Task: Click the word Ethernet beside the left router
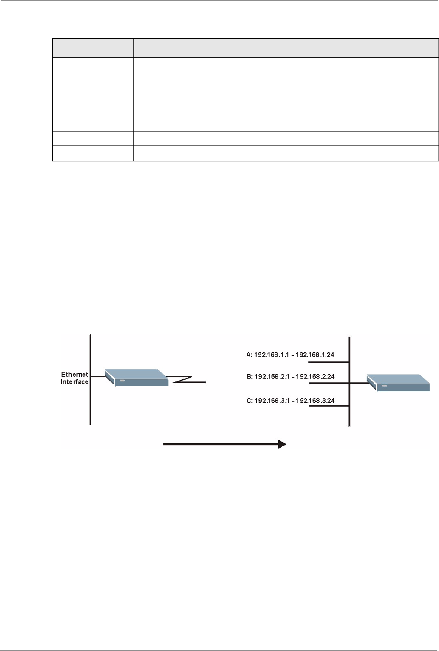pyautogui.click(x=75, y=374)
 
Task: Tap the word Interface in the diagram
pyautogui.click(x=75, y=382)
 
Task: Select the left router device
pyautogui.click(x=136, y=378)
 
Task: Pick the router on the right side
pyautogui.click(x=398, y=383)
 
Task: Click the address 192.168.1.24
pyautogui.click(x=314, y=355)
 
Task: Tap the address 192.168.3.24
pyautogui.click(x=315, y=401)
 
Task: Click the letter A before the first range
pyautogui.click(x=249, y=355)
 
